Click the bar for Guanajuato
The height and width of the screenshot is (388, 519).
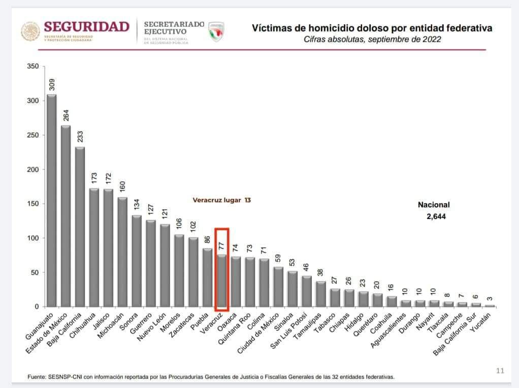(x=52, y=200)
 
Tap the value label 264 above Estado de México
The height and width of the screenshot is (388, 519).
(x=66, y=116)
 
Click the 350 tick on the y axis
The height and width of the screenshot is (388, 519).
(x=33, y=66)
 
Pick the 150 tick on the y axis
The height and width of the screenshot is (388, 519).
(x=33, y=204)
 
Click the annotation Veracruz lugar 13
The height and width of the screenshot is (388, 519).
(x=221, y=200)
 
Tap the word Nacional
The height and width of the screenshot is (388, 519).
(x=434, y=205)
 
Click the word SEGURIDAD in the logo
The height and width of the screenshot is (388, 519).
(x=87, y=27)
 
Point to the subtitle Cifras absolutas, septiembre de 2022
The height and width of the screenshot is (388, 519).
(x=372, y=39)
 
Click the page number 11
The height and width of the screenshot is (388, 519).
(x=500, y=371)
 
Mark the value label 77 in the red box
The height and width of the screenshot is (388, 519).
(x=222, y=247)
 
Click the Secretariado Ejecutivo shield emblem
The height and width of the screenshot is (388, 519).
(x=216, y=31)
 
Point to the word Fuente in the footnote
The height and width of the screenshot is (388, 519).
(x=38, y=377)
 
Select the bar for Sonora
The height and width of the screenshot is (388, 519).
(x=137, y=261)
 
